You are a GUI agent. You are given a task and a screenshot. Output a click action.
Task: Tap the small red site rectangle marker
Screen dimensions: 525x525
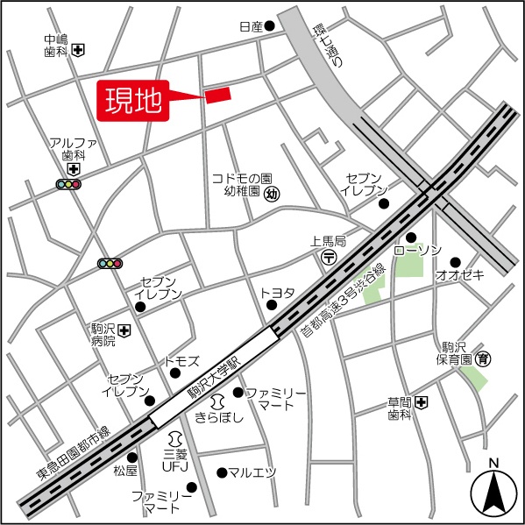coord(217,94)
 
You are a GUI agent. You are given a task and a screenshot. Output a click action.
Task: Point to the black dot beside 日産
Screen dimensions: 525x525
coord(270,26)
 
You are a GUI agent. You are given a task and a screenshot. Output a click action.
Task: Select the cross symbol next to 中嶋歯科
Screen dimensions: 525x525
coord(79,49)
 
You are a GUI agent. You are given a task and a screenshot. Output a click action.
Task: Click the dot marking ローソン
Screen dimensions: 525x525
coord(410,237)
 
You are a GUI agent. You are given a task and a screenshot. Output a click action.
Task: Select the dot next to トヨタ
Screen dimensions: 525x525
coord(272,305)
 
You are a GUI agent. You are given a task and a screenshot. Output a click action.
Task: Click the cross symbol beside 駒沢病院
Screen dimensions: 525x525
coord(125,330)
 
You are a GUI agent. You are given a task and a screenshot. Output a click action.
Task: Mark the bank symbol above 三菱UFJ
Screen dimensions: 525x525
coord(175,436)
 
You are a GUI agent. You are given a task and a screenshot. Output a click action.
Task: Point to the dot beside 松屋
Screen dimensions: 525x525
coord(132,457)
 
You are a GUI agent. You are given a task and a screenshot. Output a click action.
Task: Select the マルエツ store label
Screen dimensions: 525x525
coord(252,472)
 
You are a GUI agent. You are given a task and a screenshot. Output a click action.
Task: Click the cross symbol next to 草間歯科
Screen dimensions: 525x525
coord(422,402)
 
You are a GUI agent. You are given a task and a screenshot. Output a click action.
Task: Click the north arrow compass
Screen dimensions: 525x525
coord(493,491)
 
